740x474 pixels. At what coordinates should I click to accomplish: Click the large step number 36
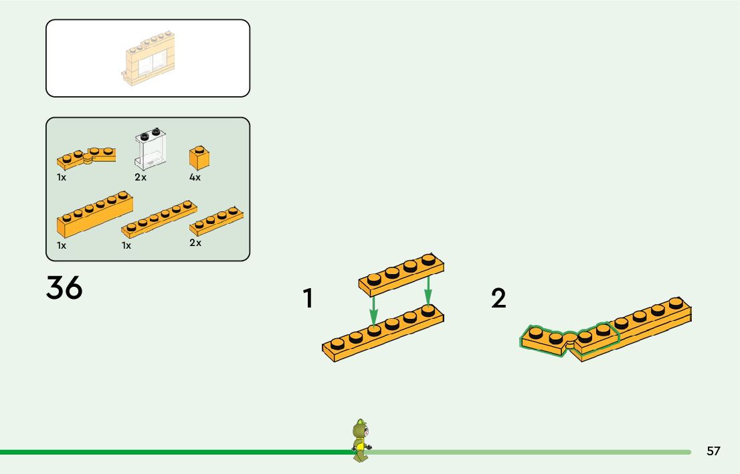coord(64,288)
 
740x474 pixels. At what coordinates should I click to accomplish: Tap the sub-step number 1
coord(308,299)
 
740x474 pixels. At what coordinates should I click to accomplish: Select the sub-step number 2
coord(498,299)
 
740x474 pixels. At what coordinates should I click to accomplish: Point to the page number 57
coord(713,451)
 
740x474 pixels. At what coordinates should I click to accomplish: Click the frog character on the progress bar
coord(361,441)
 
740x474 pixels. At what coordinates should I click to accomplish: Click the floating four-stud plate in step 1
coord(401,274)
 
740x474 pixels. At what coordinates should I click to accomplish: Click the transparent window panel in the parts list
coord(150,148)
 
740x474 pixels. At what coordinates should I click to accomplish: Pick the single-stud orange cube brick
coord(198,157)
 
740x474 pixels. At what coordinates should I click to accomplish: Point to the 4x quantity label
coord(195,177)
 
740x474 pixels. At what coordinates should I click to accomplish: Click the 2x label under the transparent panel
coord(141,177)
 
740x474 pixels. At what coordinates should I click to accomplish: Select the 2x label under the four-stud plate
coord(195,243)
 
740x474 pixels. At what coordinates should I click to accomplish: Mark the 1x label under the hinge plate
coord(62,177)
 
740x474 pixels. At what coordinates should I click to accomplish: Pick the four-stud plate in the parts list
coord(216,221)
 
